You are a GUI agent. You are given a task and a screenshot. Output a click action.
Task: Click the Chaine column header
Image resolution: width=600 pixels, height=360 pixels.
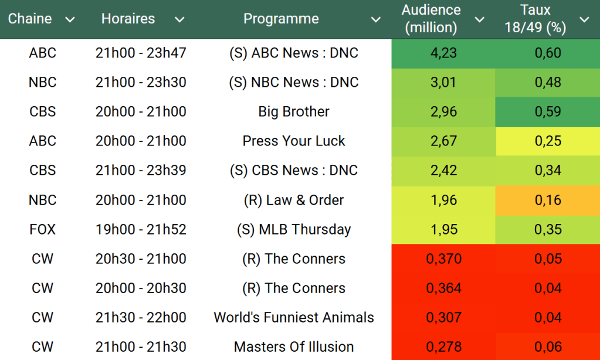click(x=30, y=19)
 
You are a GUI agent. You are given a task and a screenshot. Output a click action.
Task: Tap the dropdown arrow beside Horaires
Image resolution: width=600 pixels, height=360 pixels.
click(x=179, y=20)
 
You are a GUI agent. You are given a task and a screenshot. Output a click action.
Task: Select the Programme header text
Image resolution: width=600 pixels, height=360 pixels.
click(x=281, y=19)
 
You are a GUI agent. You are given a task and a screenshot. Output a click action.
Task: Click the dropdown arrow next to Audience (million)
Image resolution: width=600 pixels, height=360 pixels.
click(x=479, y=20)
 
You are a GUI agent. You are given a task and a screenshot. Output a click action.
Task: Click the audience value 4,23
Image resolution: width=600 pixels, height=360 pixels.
click(x=443, y=53)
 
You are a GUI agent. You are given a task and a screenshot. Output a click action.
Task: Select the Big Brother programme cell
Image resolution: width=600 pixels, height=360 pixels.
click(x=294, y=112)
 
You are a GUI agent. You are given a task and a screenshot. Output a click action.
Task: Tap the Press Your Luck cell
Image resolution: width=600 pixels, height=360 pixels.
click(x=294, y=141)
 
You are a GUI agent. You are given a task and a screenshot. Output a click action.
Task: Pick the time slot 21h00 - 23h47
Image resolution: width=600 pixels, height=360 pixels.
click(x=141, y=53)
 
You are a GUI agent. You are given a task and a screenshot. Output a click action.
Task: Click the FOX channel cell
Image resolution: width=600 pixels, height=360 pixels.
click(x=42, y=229)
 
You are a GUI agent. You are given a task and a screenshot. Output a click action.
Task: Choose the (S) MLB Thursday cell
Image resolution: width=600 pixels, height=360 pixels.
click(x=294, y=229)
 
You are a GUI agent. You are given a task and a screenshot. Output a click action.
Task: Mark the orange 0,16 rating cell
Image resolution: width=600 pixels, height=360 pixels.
click(x=548, y=200)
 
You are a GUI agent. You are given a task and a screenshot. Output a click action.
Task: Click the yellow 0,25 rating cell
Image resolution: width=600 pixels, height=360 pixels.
click(x=548, y=141)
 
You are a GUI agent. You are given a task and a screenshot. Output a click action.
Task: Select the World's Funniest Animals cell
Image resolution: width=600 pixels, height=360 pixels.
click(x=294, y=317)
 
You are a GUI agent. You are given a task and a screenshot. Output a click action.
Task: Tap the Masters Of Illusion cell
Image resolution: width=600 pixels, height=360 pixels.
click(x=294, y=347)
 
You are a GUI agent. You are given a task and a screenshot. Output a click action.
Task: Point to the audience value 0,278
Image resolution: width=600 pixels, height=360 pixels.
click(x=443, y=347)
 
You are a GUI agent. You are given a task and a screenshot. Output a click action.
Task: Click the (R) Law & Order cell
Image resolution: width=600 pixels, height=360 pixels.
click(x=294, y=200)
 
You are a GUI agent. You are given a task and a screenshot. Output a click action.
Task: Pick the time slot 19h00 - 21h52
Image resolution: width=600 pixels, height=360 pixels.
click(x=141, y=229)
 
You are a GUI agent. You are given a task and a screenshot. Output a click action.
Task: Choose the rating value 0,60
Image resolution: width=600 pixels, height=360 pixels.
click(x=548, y=53)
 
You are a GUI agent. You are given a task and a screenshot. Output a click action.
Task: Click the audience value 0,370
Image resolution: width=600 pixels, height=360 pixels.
click(x=443, y=259)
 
